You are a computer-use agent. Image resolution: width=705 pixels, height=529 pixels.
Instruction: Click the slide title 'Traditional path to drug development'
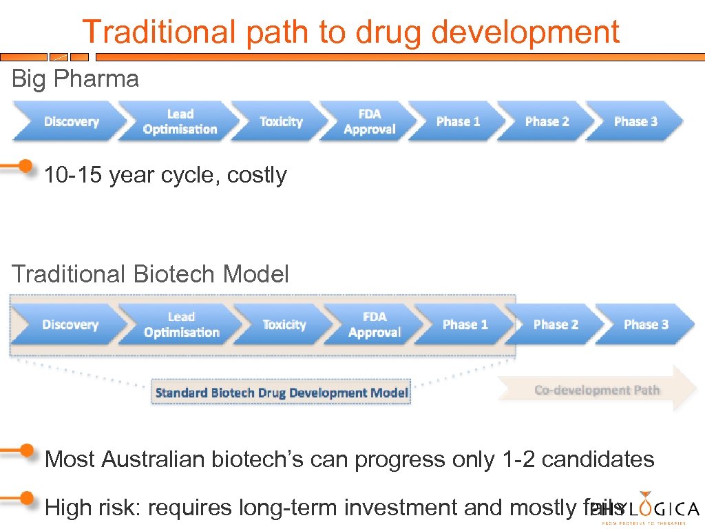350,32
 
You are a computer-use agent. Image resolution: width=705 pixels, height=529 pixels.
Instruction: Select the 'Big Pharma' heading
75,79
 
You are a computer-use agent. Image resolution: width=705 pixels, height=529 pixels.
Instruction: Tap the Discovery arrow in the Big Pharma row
70,122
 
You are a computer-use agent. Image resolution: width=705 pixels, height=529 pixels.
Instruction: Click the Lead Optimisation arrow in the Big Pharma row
180,122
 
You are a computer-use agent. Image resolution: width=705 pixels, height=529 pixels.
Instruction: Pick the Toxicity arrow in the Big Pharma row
280,122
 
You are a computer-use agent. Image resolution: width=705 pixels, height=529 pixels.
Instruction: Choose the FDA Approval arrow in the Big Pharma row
369,122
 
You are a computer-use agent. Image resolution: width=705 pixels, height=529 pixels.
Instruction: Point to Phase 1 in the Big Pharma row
457,122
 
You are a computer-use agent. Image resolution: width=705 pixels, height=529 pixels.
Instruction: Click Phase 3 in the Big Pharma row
635,122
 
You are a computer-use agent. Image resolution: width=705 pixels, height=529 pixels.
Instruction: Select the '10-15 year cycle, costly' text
165,176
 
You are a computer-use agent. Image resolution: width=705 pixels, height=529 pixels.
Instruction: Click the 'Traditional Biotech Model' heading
150,274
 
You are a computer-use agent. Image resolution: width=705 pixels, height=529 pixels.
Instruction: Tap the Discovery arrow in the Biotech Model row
70,324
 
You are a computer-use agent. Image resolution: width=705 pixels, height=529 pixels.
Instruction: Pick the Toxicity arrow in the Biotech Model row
284,324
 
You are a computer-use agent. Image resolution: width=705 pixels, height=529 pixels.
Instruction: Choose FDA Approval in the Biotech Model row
374,324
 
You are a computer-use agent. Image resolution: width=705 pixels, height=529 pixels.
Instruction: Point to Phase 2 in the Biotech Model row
556,324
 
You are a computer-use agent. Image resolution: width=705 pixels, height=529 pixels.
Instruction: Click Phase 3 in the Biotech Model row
645,324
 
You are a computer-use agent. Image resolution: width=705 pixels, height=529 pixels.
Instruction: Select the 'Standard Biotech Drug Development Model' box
282,393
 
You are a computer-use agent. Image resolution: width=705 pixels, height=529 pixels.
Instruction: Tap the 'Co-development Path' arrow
597,390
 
